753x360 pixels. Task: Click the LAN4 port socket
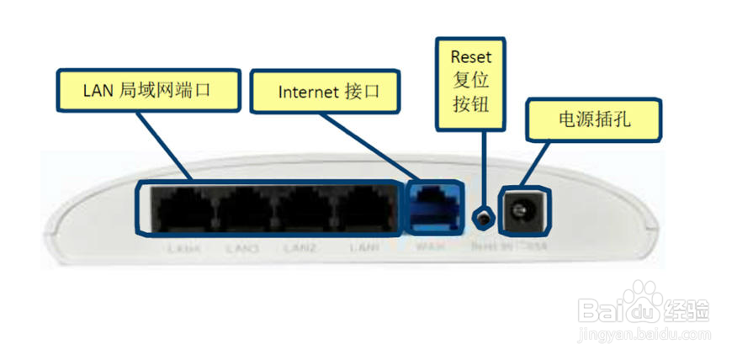pyautogui.click(x=183, y=209)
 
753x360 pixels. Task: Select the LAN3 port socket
pyautogui.click(x=245, y=209)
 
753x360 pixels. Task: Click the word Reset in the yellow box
pyautogui.click(x=470, y=57)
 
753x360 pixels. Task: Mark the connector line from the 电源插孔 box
pyautogui.click(x=539, y=159)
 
